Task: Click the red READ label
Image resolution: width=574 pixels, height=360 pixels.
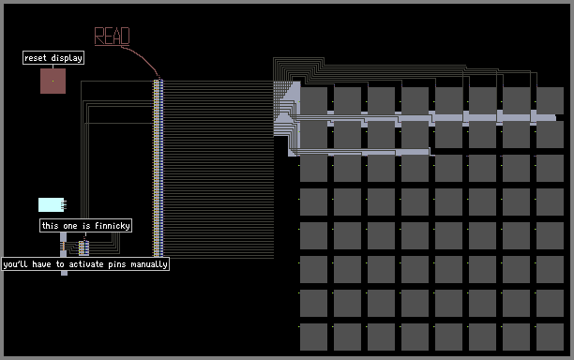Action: point(112,37)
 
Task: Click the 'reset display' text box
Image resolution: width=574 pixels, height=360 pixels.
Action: point(53,58)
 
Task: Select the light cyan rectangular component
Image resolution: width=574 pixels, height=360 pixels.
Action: point(52,205)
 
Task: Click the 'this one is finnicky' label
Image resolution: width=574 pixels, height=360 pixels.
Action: point(85,225)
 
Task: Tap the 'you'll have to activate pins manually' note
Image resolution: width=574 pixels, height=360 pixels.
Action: point(85,264)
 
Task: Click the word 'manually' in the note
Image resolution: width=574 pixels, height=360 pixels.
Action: point(149,264)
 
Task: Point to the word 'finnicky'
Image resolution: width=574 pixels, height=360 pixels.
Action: point(113,226)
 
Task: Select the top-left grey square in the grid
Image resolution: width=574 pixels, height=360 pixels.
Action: point(313,100)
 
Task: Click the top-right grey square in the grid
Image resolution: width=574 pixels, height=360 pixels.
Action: point(550,100)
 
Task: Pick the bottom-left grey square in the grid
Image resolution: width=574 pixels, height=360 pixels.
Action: point(313,337)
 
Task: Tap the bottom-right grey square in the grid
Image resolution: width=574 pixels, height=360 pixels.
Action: point(550,337)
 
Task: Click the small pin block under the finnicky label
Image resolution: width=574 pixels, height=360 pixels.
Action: point(83,247)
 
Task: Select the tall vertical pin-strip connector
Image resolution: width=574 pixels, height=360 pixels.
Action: point(159,168)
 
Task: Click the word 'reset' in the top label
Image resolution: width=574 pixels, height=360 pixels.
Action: point(36,58)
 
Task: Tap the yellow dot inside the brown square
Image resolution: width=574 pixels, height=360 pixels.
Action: point(53,81)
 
